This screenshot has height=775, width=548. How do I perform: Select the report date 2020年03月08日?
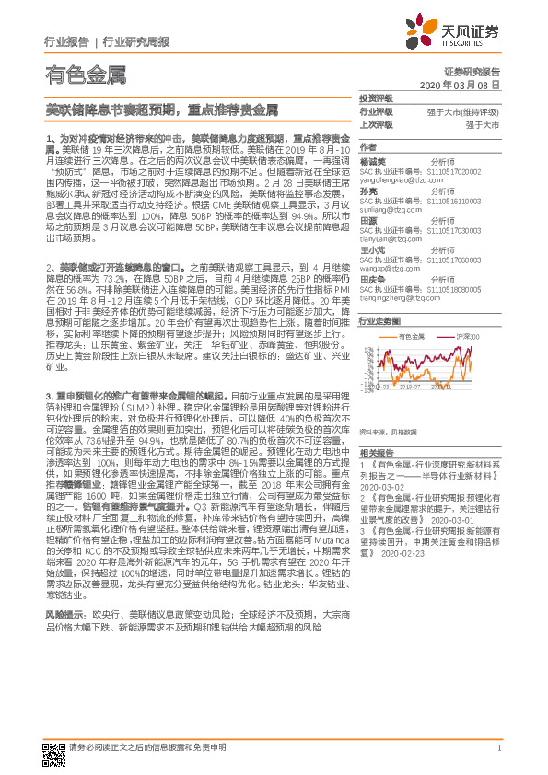click(465, 84)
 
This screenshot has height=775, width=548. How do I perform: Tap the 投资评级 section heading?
click(375, 98)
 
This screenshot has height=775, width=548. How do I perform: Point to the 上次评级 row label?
click(375, 123)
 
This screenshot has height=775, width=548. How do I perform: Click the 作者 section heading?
click(367, 147)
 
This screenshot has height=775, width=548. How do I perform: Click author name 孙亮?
click(369, 191)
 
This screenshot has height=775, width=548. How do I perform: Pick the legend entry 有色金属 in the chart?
click(411, 338)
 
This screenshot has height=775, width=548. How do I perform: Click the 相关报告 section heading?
click(375, 453)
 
